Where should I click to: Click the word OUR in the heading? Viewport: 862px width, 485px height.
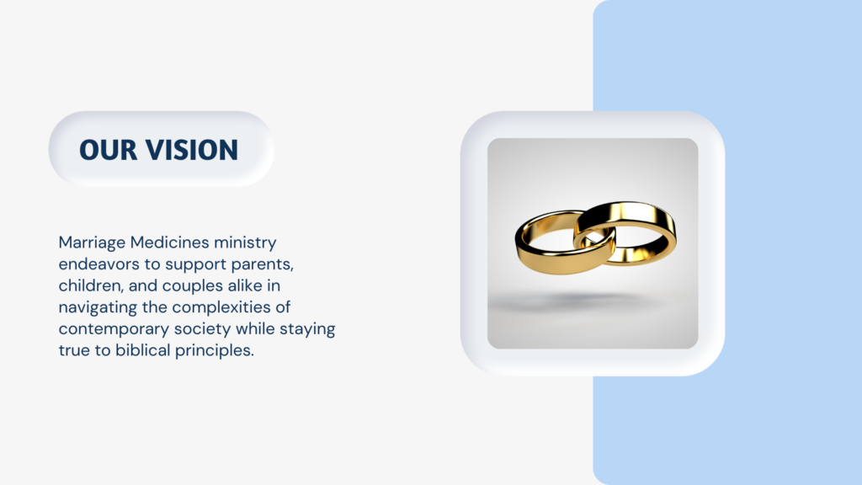click(108, 150)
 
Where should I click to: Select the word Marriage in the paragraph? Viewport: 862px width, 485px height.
click(92, 243)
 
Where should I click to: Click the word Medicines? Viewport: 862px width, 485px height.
click(170, 242)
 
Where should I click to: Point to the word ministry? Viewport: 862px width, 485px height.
click(245, 243)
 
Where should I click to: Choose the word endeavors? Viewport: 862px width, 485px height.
click(99, 264)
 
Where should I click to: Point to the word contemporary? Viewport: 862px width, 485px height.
click(114, 329)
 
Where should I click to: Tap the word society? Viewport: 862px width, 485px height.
click(202, 329)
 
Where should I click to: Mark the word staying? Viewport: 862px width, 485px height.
click(307, 329)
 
